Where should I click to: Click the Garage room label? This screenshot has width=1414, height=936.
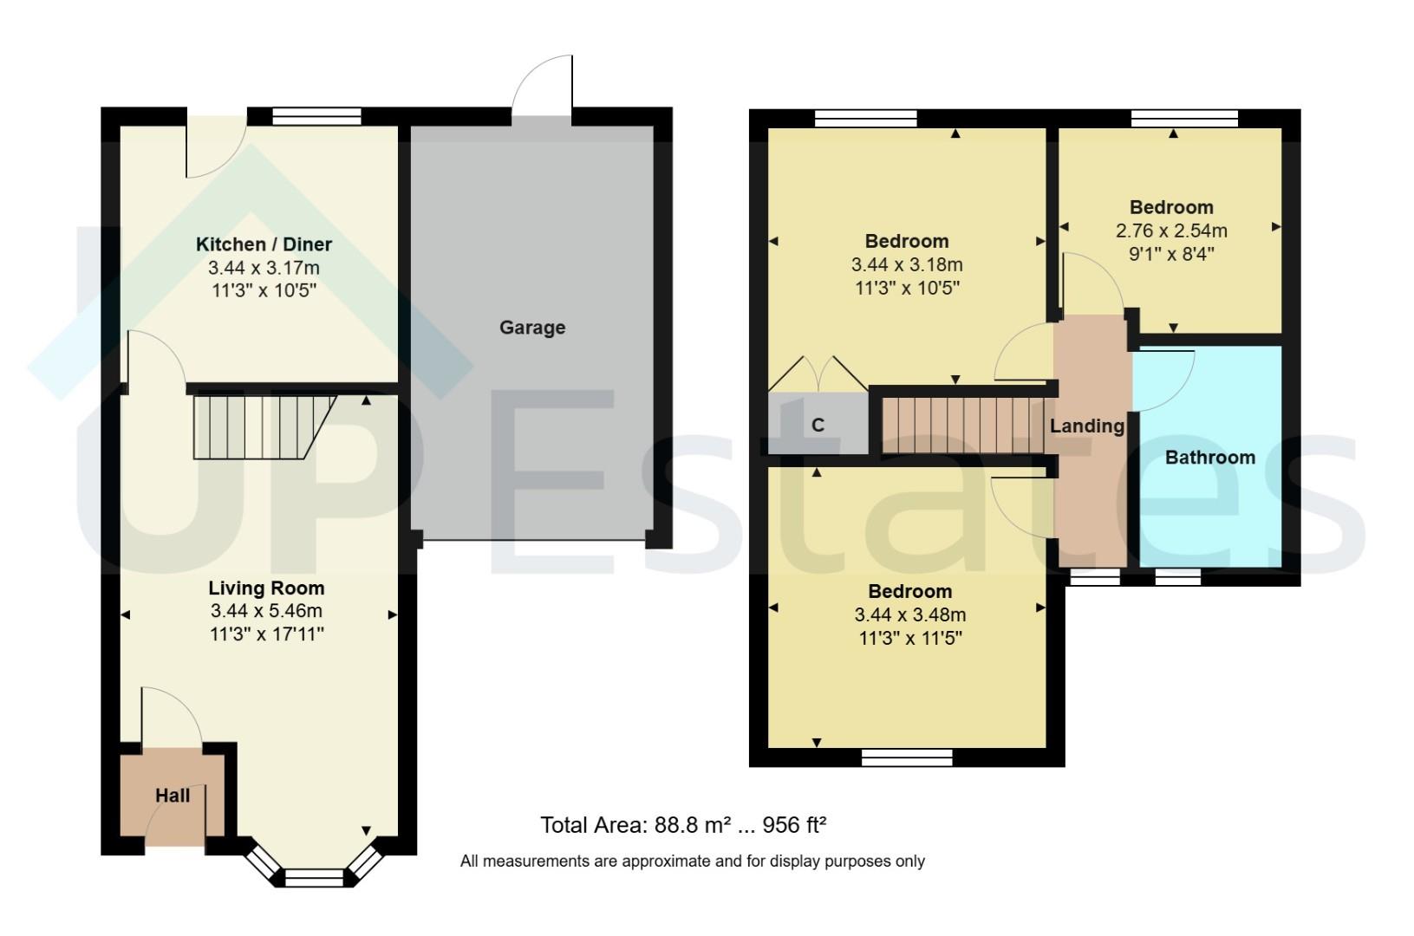pos(531,328)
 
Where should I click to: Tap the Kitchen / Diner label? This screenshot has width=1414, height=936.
pos(264,244)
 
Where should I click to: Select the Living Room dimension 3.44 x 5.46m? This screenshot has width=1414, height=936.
pos(266,611)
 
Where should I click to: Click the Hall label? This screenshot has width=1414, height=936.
pos(173,795)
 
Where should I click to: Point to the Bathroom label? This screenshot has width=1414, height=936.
pos(1209,458)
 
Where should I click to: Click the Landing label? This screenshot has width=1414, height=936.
pos(1086,426)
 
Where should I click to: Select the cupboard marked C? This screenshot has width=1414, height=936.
pos(818,425)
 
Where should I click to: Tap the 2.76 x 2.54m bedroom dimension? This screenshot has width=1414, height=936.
pos(1171,231)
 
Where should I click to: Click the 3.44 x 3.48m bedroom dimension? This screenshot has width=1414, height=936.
pos(910,615)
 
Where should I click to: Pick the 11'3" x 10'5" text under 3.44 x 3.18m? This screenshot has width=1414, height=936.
pos(907,287)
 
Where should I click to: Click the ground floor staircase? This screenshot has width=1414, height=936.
pos(260,426)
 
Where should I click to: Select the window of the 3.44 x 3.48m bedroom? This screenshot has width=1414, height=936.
pos(907,758)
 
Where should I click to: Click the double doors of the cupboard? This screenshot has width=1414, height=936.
pos(818,373)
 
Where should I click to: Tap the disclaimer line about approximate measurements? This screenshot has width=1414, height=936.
pos(692,861)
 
